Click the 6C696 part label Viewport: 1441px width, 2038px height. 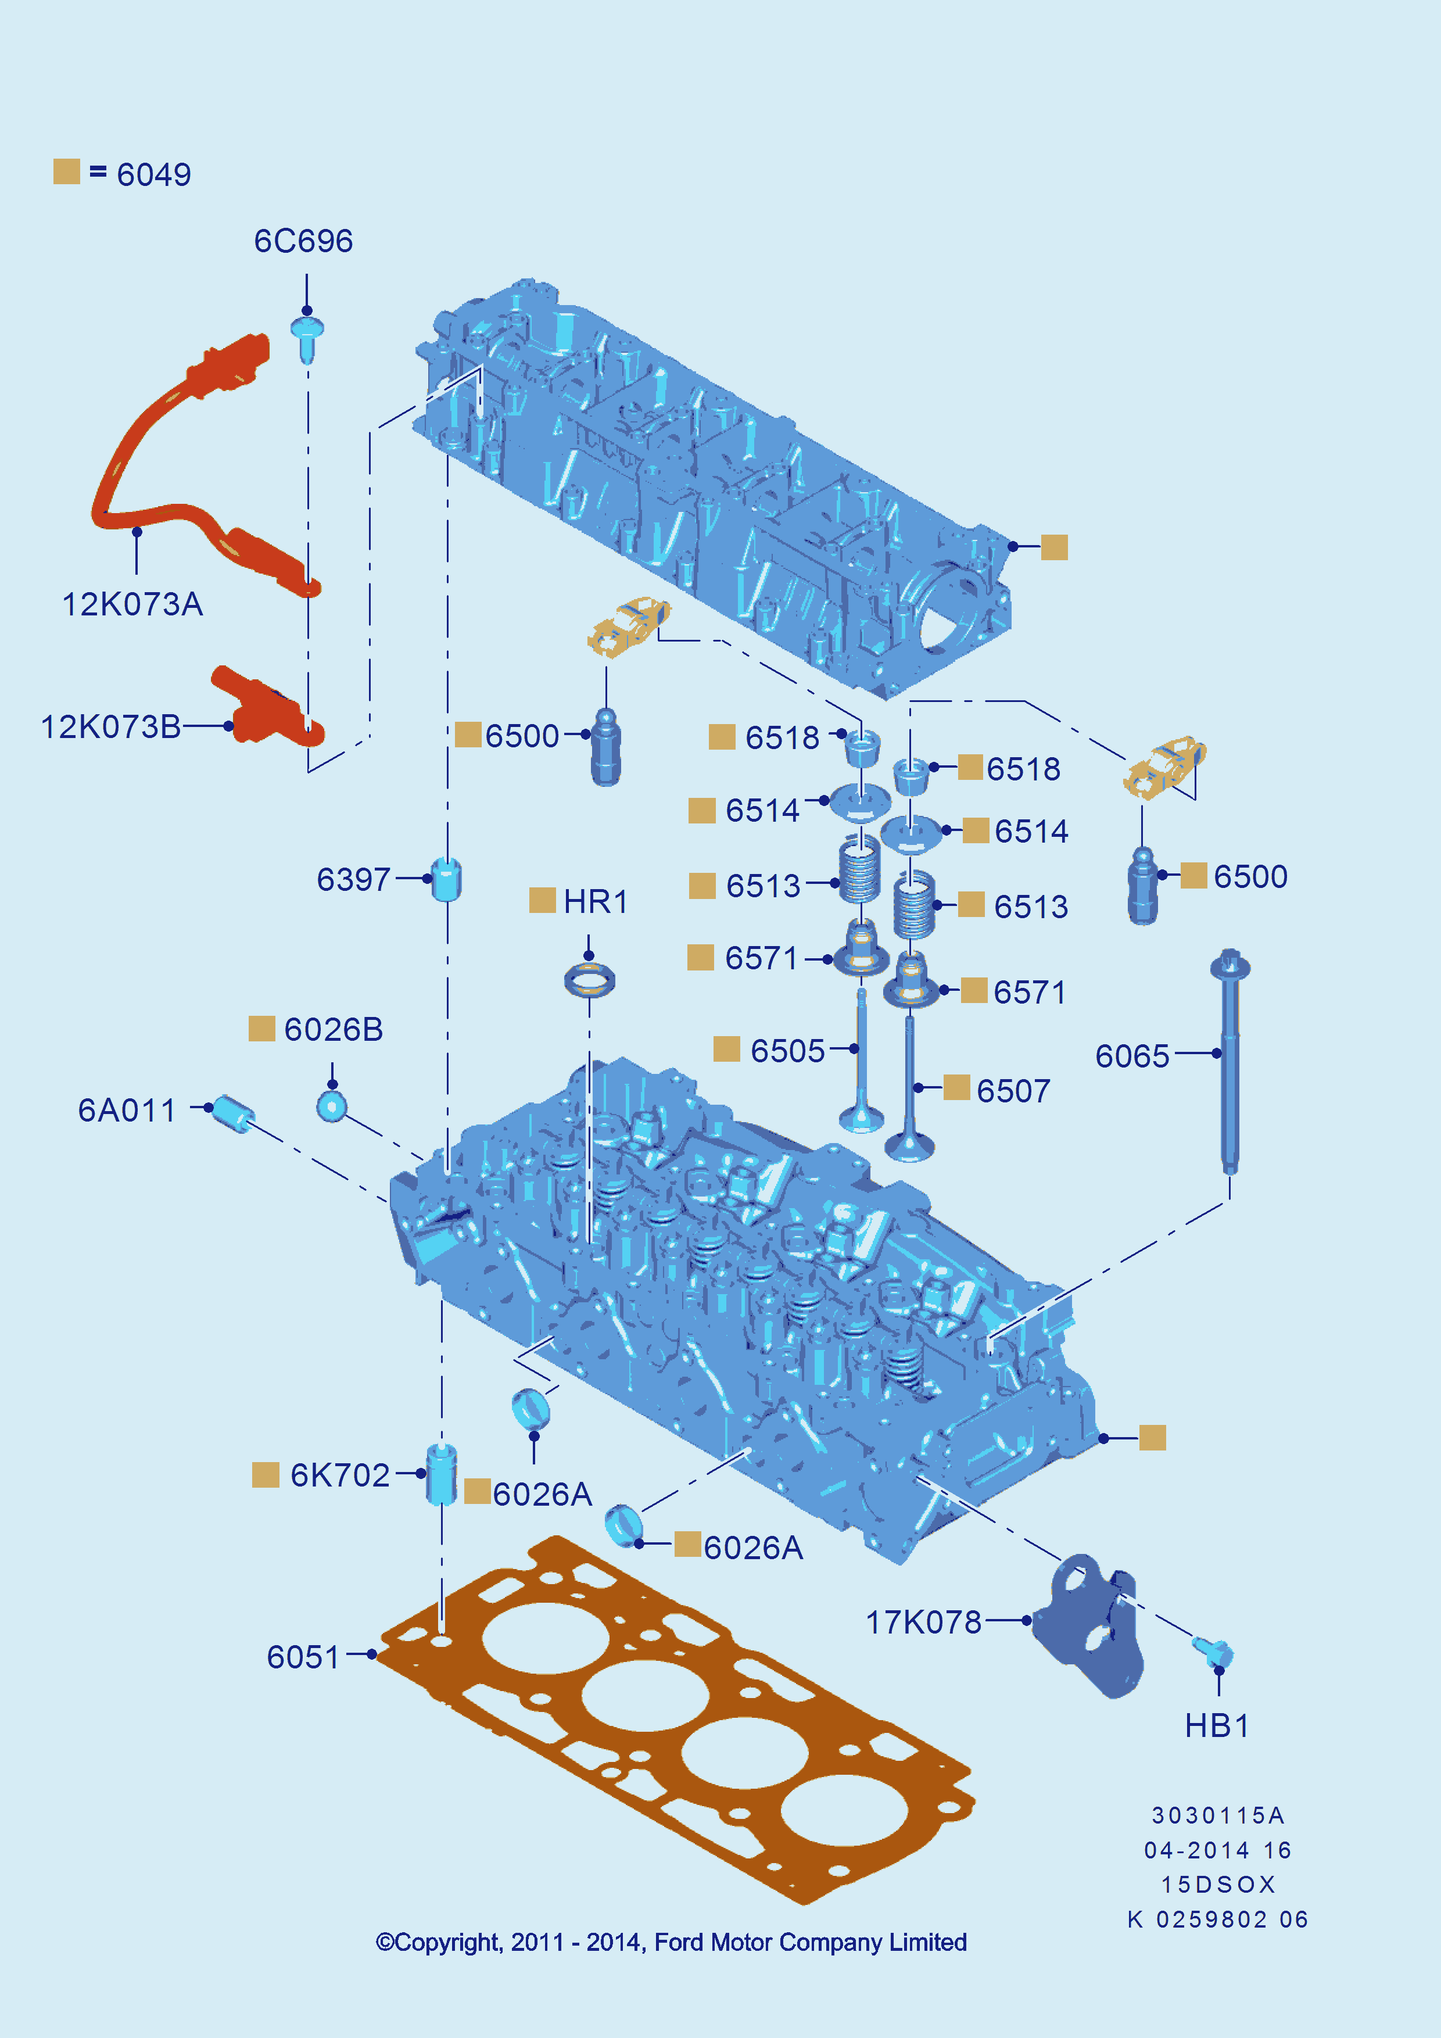pos(303,241)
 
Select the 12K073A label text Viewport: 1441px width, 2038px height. pos(132,604)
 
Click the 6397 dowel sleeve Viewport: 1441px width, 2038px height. pos(446,879)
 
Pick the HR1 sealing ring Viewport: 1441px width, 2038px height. pos(589,980)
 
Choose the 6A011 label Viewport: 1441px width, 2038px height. pos(127,1111)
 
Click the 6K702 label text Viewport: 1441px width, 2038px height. pos(340,1475)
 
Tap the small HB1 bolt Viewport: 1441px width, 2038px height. pos(1214,1651)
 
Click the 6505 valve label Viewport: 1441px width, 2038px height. pos(788,1051)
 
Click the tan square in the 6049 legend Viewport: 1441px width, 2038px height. pos(67,172)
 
